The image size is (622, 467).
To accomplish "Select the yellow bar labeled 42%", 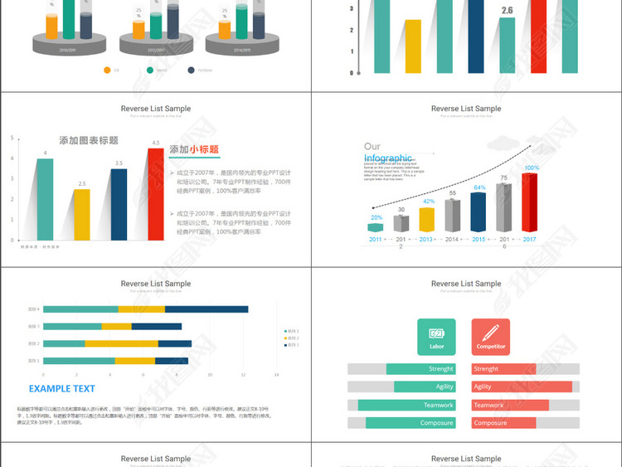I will click(x=426, y=219).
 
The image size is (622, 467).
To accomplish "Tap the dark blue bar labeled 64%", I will click(x=479, y=212).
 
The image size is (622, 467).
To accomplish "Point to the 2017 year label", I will click(x=529, y=239).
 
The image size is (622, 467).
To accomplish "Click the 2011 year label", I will click(x=375, y=239).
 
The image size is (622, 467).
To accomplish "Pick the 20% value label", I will click(x=377, y=217).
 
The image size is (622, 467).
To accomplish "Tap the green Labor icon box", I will click(x=436, y=336).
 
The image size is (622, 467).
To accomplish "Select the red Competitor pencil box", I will click(x=490, y=336).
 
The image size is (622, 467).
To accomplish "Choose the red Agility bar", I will click(x=522, y=387).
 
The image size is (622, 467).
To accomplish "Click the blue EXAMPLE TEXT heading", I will click(x=62, y=388).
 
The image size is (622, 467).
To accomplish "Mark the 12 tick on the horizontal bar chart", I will click(x=243, y=375).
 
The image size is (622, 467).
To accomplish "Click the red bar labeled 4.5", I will click(x=155, y=193).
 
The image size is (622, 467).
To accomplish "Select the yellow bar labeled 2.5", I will click(x=81, y=214).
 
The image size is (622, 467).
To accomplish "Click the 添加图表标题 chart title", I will click(x=88, y=140).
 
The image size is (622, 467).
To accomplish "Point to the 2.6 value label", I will click(x=507, y=11).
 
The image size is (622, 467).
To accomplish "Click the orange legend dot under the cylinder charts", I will click(x=107, y=71).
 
